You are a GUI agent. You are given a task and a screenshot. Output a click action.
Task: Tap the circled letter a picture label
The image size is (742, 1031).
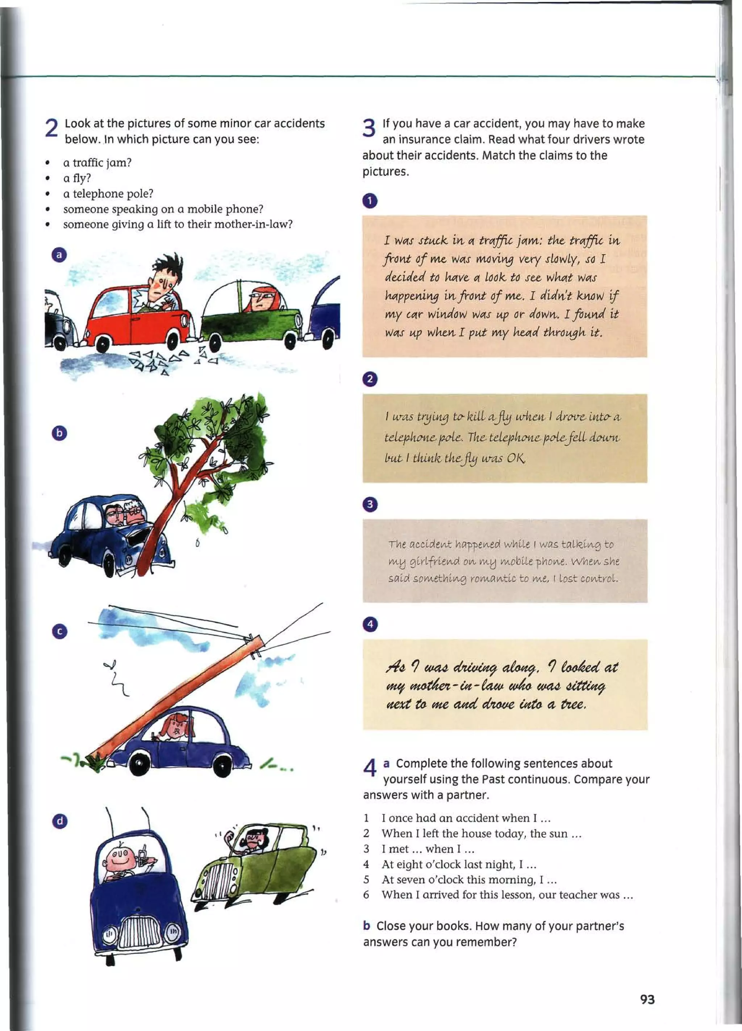[59, 254]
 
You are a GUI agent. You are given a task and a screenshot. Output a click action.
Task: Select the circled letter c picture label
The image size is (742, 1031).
[59, 631]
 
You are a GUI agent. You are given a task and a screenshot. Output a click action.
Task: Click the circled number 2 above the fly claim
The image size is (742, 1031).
[370, 379]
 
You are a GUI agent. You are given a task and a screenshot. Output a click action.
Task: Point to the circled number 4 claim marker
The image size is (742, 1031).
[370, 624]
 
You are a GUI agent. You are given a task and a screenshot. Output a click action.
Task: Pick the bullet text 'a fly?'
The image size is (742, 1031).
[77, 178]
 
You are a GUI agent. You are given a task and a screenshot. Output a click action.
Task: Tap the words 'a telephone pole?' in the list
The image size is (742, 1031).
[108, 194]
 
